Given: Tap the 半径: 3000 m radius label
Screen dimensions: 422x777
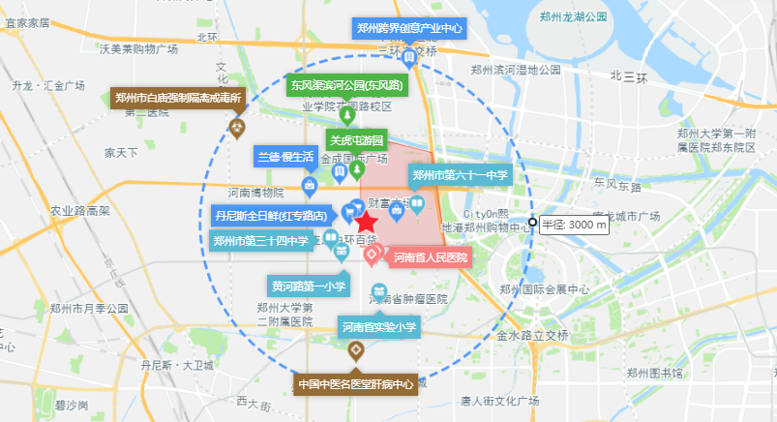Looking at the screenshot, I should tap(574, 225).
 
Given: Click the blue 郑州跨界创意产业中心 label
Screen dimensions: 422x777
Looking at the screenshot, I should tap(409, 28).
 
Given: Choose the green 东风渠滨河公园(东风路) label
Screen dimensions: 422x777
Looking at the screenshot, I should tap(348, 84).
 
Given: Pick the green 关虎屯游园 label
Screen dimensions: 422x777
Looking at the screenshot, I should tap(357, 139).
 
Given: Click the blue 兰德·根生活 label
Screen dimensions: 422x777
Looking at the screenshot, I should tap(284, 156).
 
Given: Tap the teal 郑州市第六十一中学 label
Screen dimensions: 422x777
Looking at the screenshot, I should tap(460, 175).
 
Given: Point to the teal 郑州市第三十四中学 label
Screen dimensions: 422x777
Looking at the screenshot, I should tap(260, 241).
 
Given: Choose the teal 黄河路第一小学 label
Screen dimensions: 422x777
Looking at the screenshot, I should tap(309, 286).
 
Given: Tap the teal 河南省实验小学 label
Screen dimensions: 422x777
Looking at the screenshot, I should tap(378, 328).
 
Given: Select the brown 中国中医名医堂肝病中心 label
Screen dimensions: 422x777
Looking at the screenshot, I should tap(356, 384).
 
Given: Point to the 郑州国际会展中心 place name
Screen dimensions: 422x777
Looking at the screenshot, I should tap(545, 289).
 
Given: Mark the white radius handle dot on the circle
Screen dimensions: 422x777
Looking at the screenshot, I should tap(532, 224).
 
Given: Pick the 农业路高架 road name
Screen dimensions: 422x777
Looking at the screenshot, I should tap(80, 210).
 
